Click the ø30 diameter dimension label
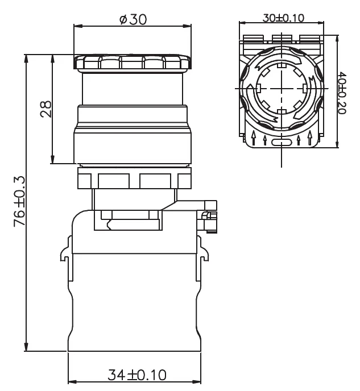(x=133, y=19)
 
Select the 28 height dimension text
(x=46, y=109)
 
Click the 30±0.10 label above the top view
(x=283, y=17)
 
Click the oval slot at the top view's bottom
(x=282, y=143)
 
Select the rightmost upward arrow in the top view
(x=309, y=137)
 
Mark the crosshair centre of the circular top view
(x=282, y=89)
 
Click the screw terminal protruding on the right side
(x=209, y=216)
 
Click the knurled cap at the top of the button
(x=133, y=62)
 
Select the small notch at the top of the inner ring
(x=282, y=66)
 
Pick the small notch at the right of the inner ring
(x=305, y=89)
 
